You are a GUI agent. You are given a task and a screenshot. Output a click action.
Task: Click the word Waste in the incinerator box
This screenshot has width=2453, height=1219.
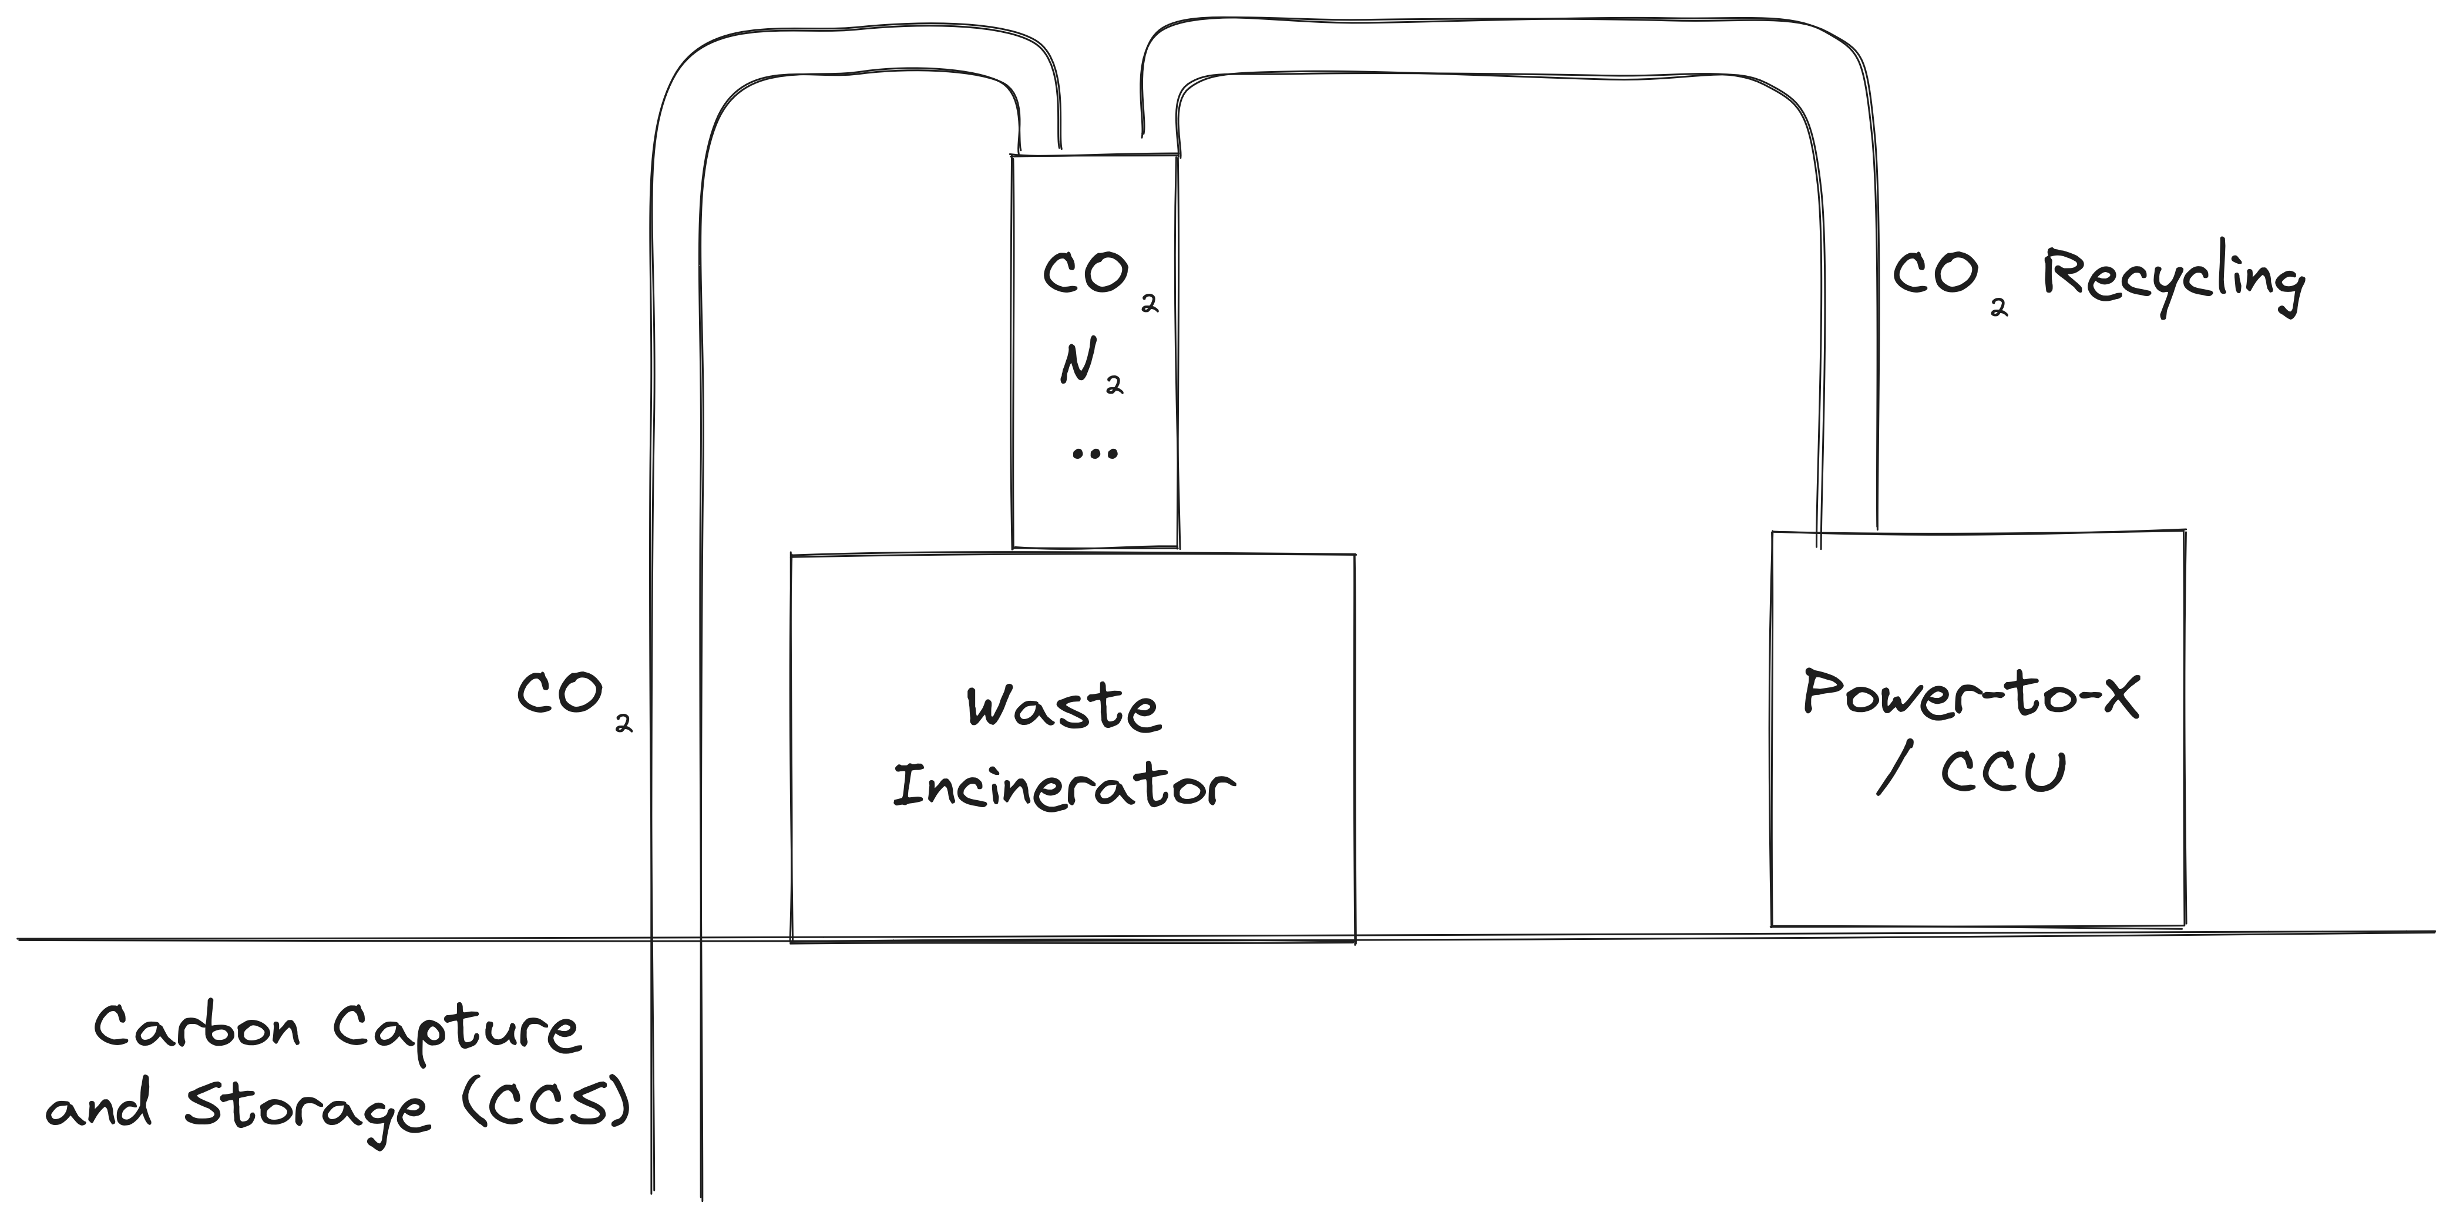tap(1064, 710)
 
